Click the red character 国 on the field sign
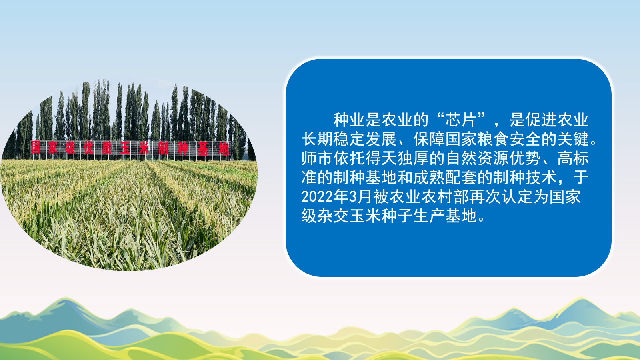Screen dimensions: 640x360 [36, 148]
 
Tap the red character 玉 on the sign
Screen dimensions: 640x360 [125, 148]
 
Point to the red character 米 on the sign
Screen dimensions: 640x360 [144, 148]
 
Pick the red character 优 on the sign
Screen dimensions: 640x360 [88, 148]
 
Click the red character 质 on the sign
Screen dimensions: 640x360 [106, 148]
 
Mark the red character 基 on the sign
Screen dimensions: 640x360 [202, 148]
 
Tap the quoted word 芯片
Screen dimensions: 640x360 [460, 120]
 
